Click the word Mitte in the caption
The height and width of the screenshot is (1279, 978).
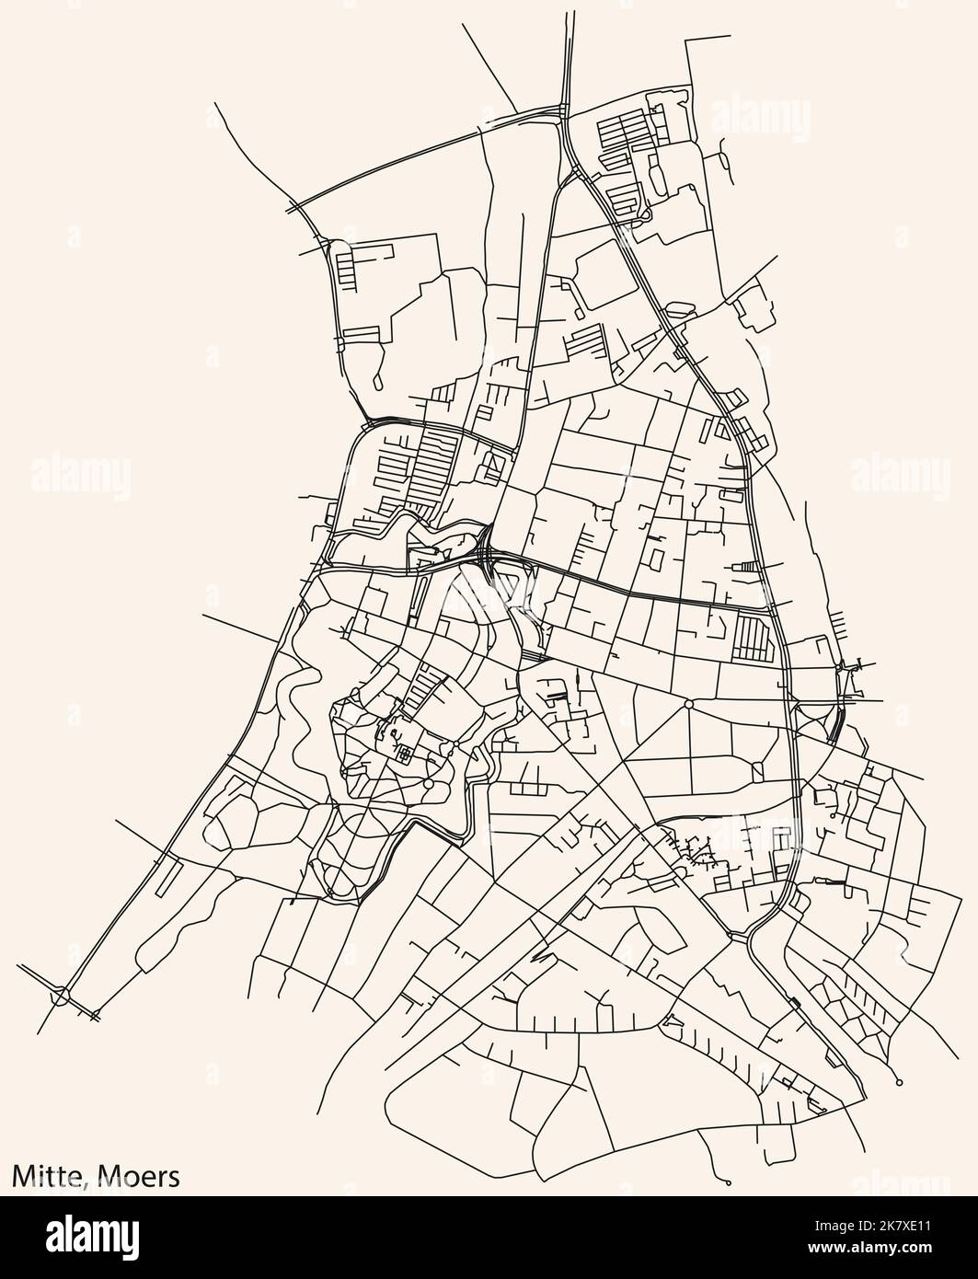(x=45, y=1175)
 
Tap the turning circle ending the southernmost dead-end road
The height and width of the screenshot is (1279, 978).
(x=728, y=1182)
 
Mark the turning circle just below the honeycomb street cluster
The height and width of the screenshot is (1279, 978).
(x=899, y=1082)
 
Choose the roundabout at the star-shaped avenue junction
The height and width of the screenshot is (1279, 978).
(x=688, y=704)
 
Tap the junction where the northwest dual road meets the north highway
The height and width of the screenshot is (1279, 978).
(x=561, y=111)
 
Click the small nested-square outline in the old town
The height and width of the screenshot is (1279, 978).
(x=402, y=755)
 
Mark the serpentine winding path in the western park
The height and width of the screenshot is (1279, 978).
(x=304, y=699)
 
